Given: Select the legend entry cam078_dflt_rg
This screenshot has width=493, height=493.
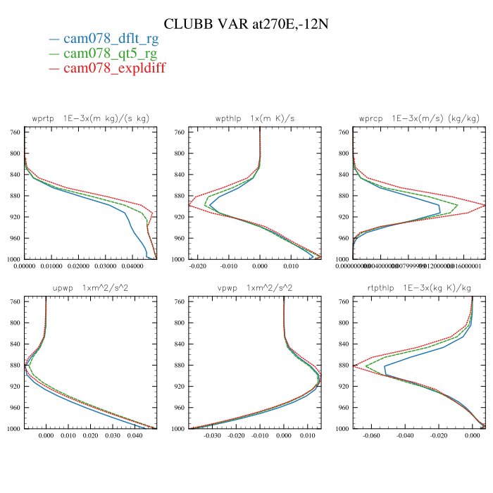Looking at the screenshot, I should (x=111, y=39).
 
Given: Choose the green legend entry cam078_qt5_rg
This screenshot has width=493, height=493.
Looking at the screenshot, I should (x=110, y=54).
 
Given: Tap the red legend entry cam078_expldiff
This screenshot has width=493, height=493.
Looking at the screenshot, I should (x=115, y=68).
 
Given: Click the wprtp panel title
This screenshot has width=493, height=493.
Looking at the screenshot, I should (x=91, y=118).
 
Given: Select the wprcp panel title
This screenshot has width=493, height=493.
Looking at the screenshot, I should (x=418, y=118).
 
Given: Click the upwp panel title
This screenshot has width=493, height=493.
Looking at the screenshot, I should (x=91, y=287).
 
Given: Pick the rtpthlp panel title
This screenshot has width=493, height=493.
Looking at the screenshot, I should (x=418, y=287).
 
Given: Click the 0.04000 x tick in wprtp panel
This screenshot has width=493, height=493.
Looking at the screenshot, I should (x=132, y=267).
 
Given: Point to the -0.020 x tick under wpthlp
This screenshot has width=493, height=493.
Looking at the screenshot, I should (x=200, y=267).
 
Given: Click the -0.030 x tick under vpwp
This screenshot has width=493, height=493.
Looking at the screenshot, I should (x=213, y=436).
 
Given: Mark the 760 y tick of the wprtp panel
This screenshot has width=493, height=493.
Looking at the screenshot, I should (x=14, y=132).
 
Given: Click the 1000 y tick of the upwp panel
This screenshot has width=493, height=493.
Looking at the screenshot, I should (x=13, y=429).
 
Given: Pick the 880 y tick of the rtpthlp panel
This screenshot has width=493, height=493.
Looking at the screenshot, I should (x=342, y=366).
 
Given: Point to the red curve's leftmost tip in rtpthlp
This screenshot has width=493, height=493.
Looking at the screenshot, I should (x=354, y=366).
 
